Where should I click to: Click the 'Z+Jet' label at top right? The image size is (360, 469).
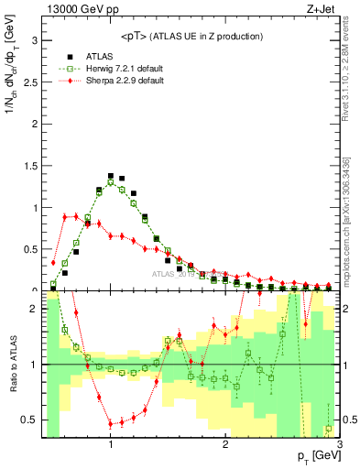coord(324,10)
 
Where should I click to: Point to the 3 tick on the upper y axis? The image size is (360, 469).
coord(36,41)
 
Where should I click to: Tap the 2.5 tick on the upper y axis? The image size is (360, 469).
coord(32,82)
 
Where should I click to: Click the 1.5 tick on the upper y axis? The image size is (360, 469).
coord(32,166)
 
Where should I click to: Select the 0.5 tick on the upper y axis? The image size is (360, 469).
coord(32,249)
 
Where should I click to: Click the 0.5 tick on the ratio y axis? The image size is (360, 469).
coord(32,420)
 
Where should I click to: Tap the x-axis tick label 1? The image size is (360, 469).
coord(111,443)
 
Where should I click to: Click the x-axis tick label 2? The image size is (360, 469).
coord(225,443)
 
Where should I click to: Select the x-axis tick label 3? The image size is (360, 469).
coord(339,443)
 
